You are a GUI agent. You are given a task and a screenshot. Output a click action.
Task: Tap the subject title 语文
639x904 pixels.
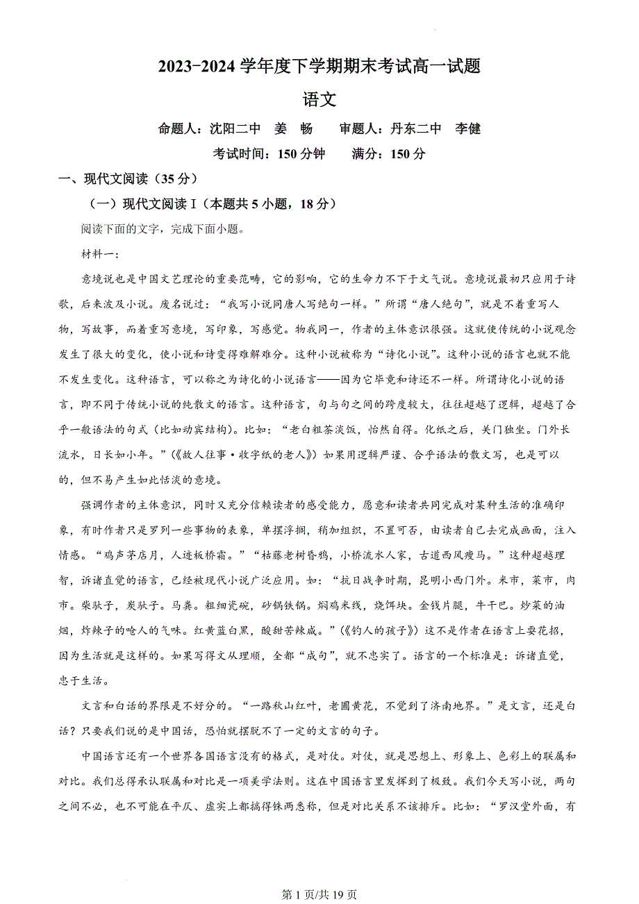pyautogui.click(x=319, y=100)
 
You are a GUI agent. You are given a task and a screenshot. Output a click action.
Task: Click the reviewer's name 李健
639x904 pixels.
pyautogui.click(x=467, y=129)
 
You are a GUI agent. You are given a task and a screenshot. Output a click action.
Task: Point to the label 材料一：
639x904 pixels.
pyautogui.click(x=101, y=254)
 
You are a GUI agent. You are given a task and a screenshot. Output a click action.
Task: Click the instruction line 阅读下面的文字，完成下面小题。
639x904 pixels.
pyautogui.click(x=163, y=229)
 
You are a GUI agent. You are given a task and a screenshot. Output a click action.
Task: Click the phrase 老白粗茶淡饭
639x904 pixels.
pyautogui.click(x=319, y=430)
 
